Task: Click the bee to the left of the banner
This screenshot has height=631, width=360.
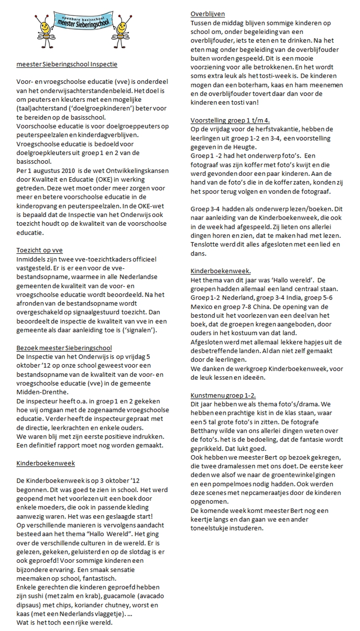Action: [43, 24]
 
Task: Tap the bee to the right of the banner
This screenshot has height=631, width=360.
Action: [126, 24]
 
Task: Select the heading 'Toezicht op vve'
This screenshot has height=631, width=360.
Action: [39, 250]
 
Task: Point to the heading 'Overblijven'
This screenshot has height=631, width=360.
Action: [208, 14]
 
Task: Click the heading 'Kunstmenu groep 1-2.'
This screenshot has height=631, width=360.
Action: [223, 395]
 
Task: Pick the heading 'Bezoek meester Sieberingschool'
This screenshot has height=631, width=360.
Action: [64, 348]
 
